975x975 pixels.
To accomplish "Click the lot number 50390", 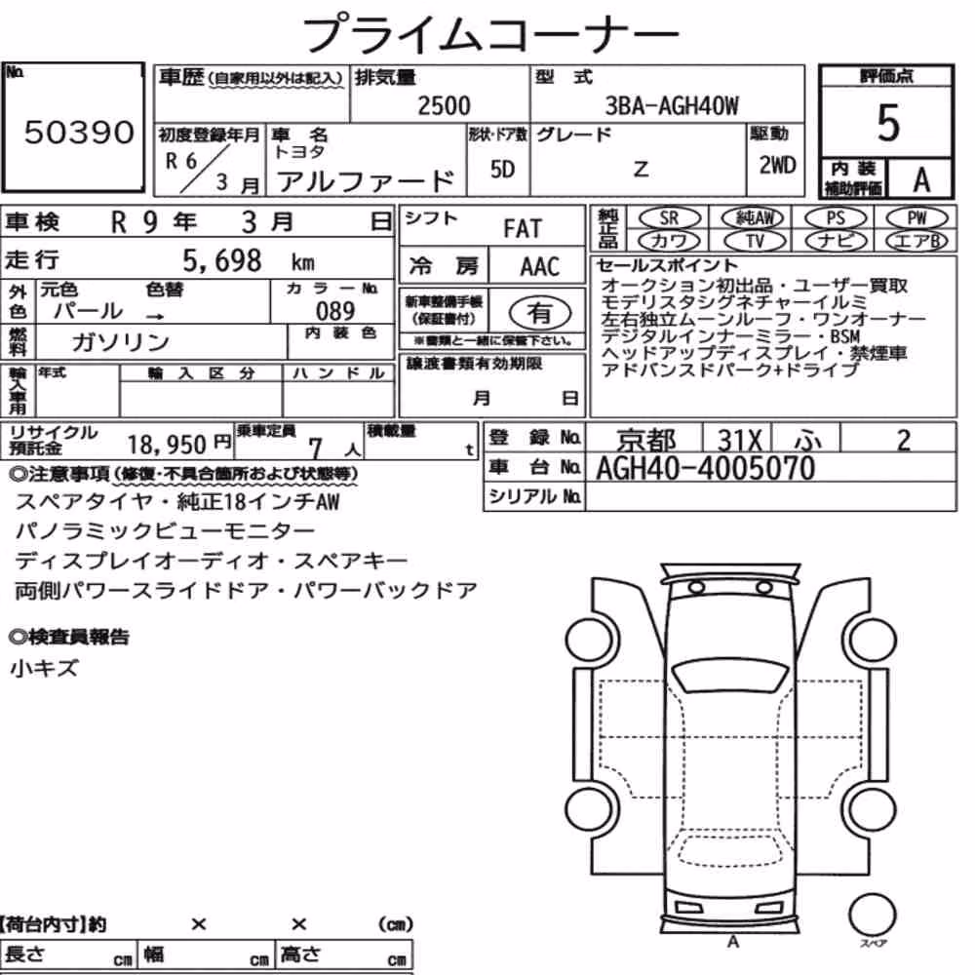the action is tap(79, 132).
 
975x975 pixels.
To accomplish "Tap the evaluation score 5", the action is tap(888, 123).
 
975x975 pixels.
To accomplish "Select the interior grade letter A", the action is tap(921, 179).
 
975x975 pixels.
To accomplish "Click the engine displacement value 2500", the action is tap(444, 105).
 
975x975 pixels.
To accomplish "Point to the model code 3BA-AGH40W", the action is tap(672, 105).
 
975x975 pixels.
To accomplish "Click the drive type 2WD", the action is tap(777, 165).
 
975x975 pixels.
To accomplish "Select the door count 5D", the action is tap(502, 169).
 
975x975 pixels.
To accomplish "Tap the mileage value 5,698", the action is tap(222, 260).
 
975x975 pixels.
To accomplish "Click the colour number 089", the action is tap(335, 311).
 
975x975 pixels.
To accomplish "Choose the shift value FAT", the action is tap(523, 229).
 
